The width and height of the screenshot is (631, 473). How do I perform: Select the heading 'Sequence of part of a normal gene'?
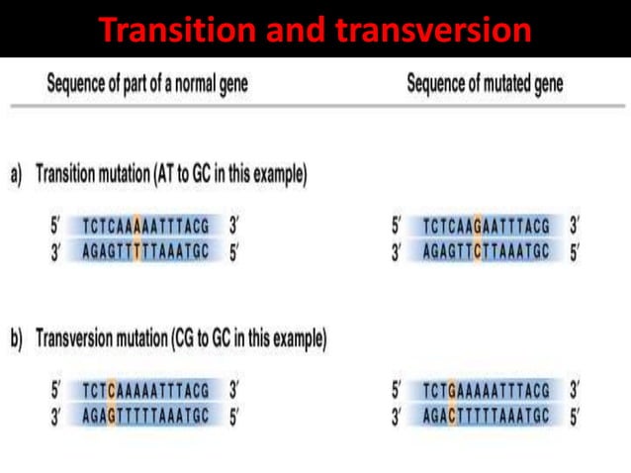147,84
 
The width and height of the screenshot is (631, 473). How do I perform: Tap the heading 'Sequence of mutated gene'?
485,84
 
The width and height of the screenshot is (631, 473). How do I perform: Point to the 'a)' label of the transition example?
17,175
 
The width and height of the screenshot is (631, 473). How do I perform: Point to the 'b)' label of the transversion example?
17,339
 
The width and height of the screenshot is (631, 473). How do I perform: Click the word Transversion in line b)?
79,339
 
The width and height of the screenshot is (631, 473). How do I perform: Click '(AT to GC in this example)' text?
230,175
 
